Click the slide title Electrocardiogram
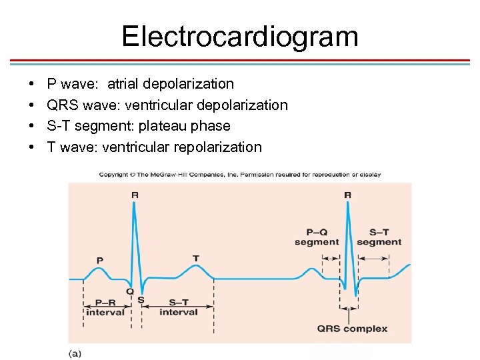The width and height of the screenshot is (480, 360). [x=240, y=36]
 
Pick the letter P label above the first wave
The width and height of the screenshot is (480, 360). [x=100, y=260]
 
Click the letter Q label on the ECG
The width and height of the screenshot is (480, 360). [x=129, y=291]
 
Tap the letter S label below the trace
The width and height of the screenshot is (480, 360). [x=141, y=300]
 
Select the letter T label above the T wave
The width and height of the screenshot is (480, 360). [x=195, y=258]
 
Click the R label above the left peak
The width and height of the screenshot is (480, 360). [x=135, y=195]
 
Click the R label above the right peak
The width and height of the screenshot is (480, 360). [x=347, y=195]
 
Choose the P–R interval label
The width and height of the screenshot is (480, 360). [x=105, y=307]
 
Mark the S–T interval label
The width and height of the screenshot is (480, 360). [x=179, y=307]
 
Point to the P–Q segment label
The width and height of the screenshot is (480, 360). [x=317, y=237]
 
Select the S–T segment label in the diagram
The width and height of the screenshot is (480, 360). [x=379, y=237]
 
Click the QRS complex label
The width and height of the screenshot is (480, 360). [x=352, y=329]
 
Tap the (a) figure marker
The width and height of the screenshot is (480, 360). [x=75, y=353]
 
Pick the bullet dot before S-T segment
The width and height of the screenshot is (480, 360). [x=33, y=126]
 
